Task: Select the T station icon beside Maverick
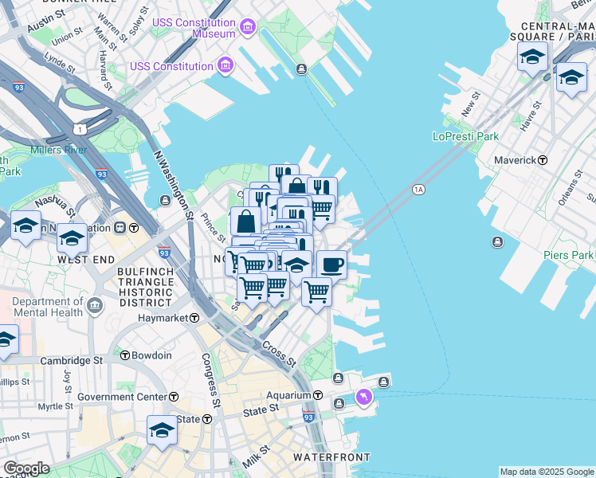543,160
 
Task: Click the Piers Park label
568,255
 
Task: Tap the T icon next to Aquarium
317,395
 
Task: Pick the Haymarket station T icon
194,318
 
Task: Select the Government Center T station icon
173,397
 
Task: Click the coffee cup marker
331,264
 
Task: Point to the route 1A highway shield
418,190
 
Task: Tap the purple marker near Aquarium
364,396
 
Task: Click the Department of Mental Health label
48,307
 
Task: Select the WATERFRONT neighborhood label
331,457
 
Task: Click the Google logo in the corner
25,468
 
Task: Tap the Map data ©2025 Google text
547,472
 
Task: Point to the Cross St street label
279,356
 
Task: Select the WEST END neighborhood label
83,260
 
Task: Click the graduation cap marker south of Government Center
162,430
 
